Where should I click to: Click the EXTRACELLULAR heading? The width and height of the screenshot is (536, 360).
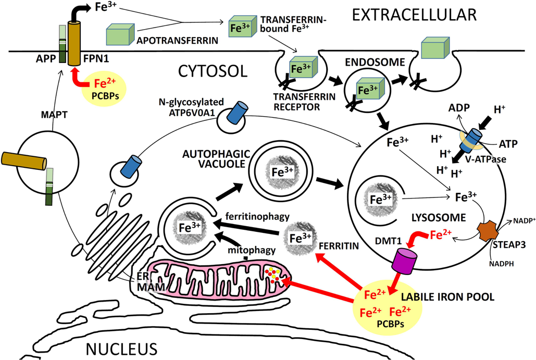pyautogui.click(x=414, y=14)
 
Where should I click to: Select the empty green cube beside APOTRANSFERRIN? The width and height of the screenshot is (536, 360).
pyautogui.click(x=120, y=34)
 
